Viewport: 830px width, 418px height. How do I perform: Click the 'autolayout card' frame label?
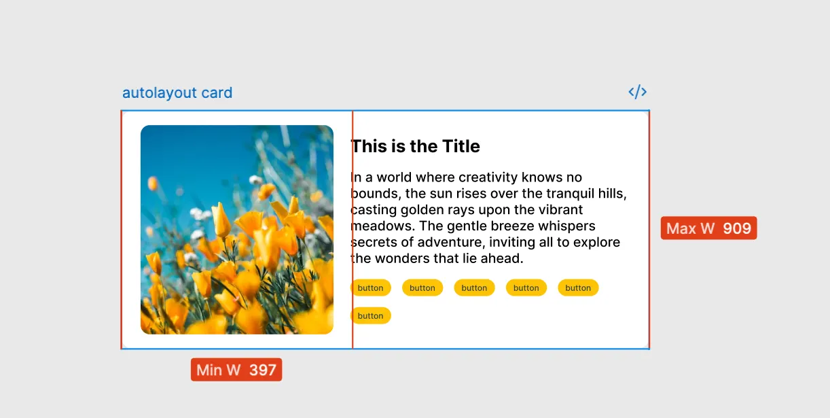click(177, 93)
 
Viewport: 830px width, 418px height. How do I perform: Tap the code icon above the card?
click(637, 92)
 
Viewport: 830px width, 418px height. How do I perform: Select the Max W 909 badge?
click(708, 228)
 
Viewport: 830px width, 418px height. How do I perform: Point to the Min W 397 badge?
click(236, 370)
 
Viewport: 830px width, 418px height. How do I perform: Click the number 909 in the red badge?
click(737, 228)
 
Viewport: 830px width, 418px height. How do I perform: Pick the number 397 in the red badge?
click(263, 370)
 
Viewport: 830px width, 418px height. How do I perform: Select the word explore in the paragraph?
click(597, 243)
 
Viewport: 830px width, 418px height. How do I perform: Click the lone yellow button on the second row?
click(370, 316)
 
